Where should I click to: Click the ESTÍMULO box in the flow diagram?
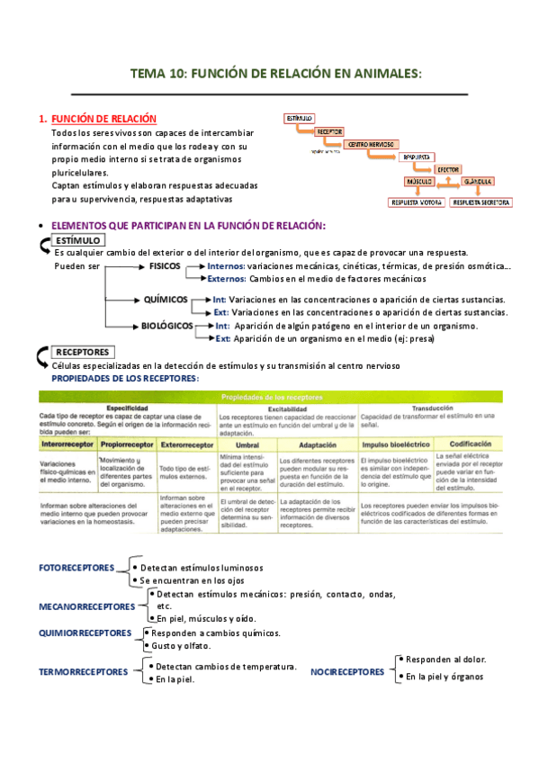pos(299,118)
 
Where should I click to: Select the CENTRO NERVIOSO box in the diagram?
pos(369,143)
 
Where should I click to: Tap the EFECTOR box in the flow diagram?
pos(448,168)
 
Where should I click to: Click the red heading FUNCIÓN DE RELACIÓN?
pos(103,119)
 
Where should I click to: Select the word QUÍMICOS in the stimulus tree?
pos(164,299)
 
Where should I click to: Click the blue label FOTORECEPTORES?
pos(76,569)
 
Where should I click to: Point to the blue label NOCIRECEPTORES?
pos(346,671)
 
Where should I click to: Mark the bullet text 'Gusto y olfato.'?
pos(181,646)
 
